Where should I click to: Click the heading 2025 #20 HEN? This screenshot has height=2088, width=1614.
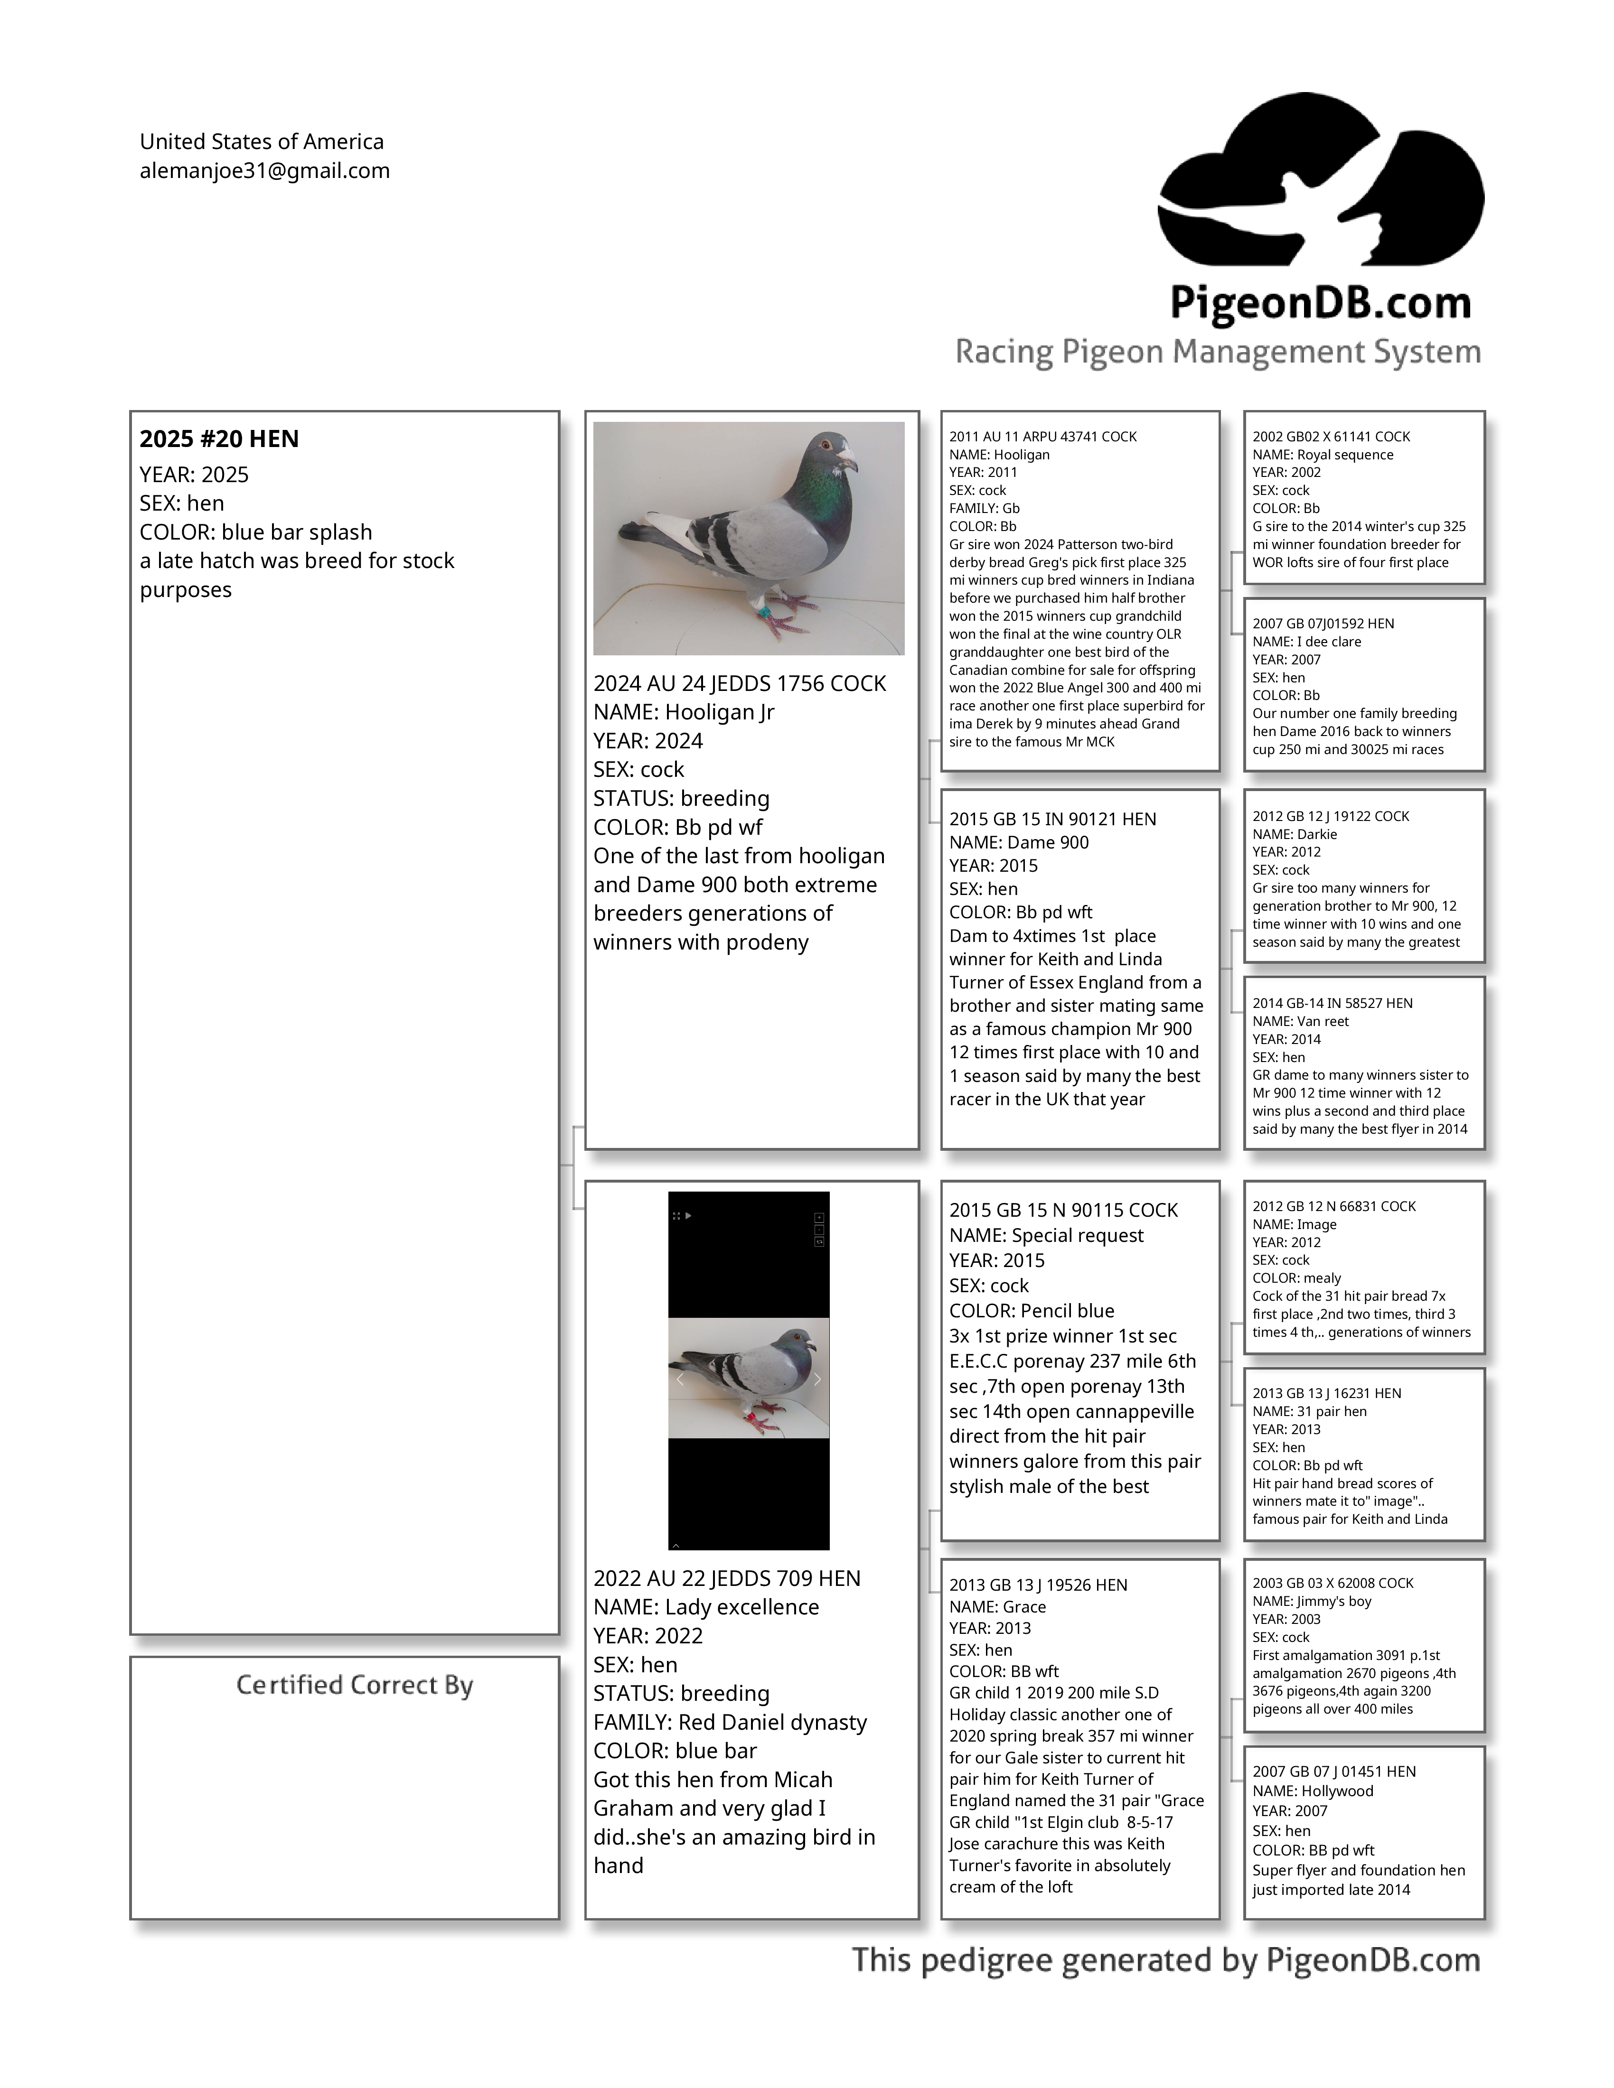pos(219,439)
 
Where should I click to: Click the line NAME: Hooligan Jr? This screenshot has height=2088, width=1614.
pos(684,712)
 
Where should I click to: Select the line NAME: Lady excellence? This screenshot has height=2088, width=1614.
pos(705,1607)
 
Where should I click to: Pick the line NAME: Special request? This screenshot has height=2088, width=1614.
pos(1046,1235)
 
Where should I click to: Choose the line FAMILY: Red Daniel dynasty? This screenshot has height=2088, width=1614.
pos(730,1722)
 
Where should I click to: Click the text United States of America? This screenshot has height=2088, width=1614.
pos(261,141)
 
